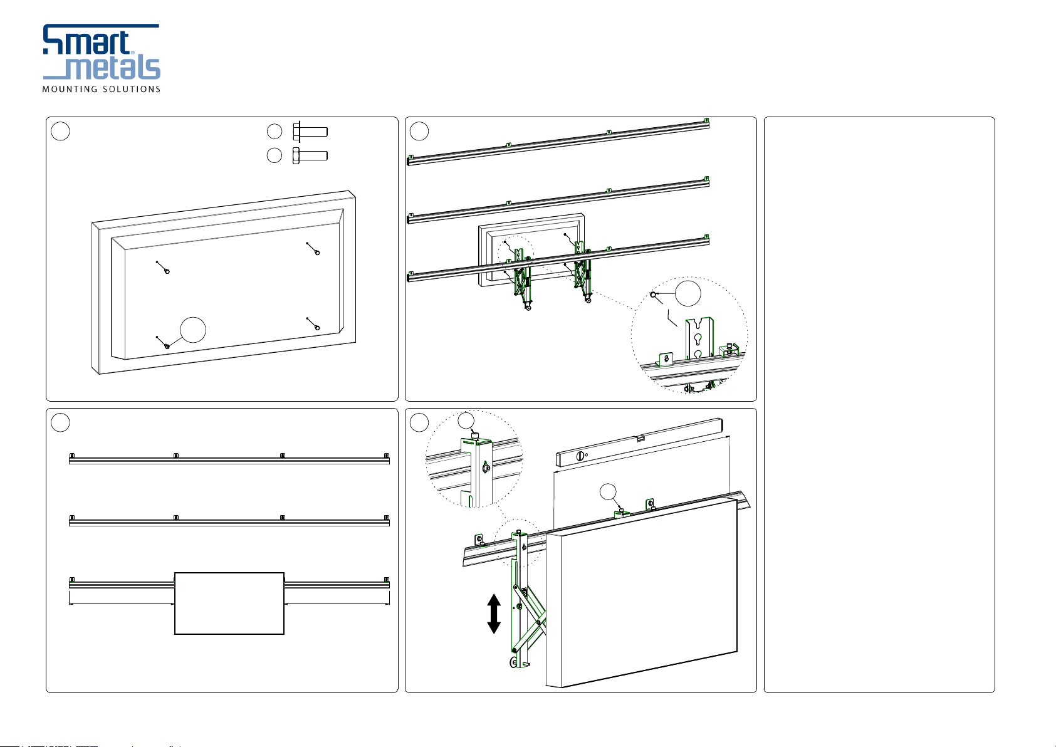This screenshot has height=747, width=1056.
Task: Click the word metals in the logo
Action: click(x=113, y=68)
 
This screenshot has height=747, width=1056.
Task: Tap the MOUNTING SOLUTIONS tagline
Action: click(x=102, y=89)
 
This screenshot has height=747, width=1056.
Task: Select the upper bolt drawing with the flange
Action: click(x=310, y=132)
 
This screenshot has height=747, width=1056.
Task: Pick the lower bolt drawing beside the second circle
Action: click(x=310, y=155)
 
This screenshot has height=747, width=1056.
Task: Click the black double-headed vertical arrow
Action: click(x=494, y=614)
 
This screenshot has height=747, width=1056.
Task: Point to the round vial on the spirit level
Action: click(x=580, y=456)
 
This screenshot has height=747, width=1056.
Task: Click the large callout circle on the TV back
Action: click(x=193, y=330)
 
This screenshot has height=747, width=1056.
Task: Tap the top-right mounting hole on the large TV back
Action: click(x=317, y=253)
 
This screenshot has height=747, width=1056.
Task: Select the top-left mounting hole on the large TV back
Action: click(x=167, y=271)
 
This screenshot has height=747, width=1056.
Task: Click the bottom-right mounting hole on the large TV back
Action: click(x=317, y=328)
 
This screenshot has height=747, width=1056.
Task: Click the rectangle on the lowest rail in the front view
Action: click(x=229, y=603)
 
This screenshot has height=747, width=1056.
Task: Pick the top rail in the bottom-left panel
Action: click(x=229, y=459)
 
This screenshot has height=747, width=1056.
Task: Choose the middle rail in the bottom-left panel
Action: click(x=229, y=521)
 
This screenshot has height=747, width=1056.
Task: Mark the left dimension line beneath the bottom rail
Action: click(x=122, y=603)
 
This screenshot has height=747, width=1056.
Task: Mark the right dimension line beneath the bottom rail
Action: click(x=337, y=603)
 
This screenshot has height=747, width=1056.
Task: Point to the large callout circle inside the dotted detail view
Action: click(x=688, y=293)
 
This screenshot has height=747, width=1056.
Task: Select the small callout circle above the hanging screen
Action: click(x=608, y=491)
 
